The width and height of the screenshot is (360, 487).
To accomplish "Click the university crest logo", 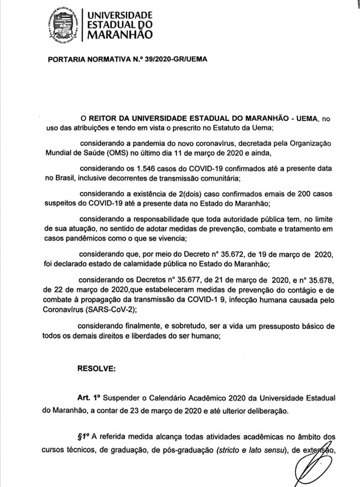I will (x=65, y=24).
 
